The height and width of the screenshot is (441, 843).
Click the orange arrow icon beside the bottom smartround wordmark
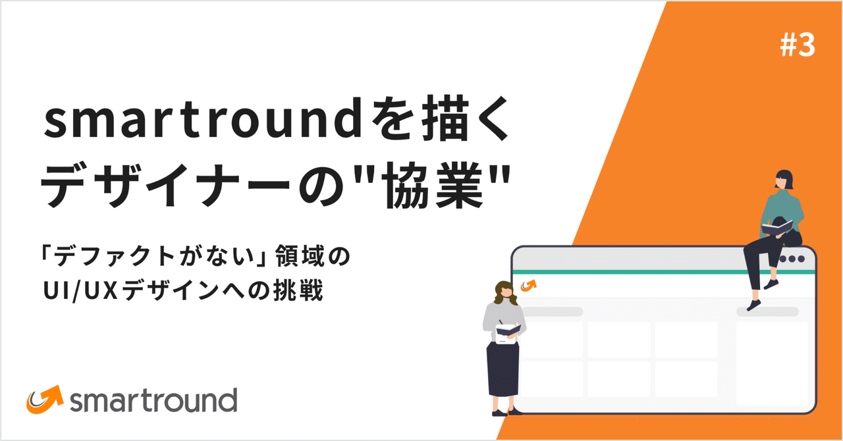click(x=44, y=398)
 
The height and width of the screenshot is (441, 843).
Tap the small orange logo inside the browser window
click(x=528, y=286)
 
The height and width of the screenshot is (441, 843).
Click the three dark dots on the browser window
click(x=792, y=258)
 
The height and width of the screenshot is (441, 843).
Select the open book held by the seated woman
click(x=778, y=228)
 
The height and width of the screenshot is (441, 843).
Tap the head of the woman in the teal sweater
click(x=784, y=179)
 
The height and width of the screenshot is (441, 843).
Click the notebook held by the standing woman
click(x=508, y=331)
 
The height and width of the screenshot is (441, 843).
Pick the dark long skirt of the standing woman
click(x=503, y=372)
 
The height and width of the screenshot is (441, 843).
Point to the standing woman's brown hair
click(x=504, y=291)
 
